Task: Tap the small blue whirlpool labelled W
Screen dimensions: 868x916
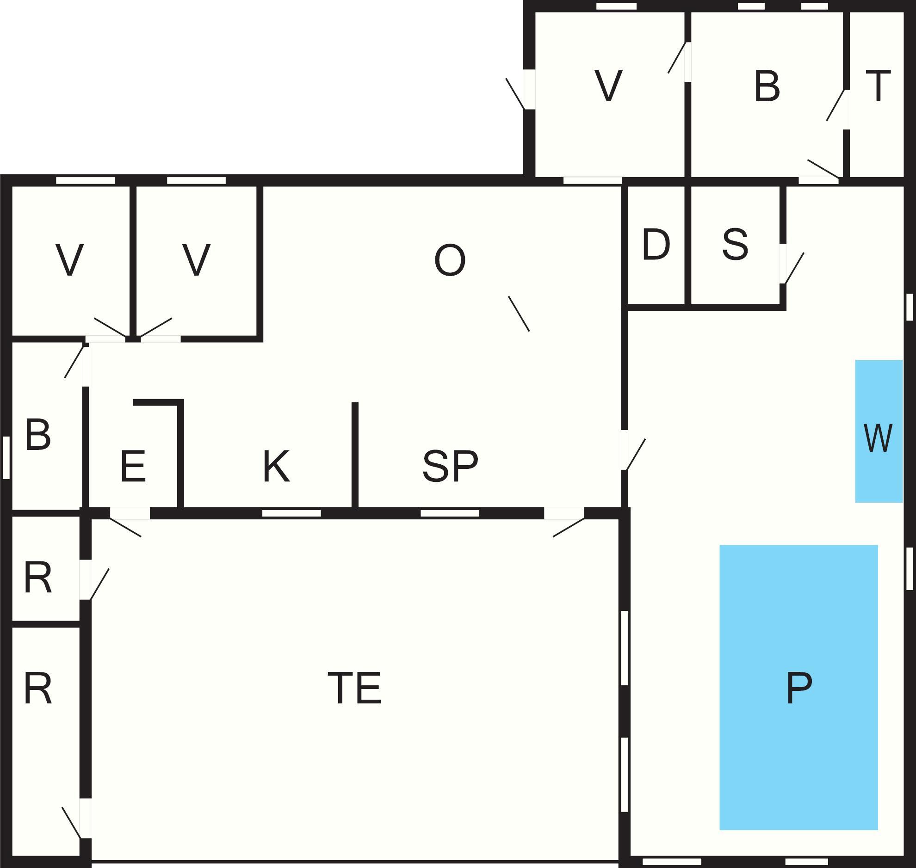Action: (x=878, y=431)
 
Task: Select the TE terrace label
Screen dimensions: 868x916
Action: (x=354, y=688)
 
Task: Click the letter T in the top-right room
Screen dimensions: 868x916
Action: (x=878, y=86)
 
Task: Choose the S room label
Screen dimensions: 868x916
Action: (x=735, y=244)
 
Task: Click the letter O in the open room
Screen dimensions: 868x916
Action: (x=449, y=260)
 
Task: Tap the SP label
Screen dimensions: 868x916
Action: (x=450, y=466)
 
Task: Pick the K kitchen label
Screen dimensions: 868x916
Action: (x=276, y=466)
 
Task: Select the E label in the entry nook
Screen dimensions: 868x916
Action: (x=133, y=467)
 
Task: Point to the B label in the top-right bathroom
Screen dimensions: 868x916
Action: (x=767, y=86)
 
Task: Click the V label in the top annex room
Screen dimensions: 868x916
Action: (x=608, y=86)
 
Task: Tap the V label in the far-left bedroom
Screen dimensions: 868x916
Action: (x=69, y=260)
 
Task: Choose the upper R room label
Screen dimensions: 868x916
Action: (x=38, y=577)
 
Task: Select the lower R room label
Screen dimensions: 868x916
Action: (x=38, y=689)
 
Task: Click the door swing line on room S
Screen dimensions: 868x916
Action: (x=795, y=268)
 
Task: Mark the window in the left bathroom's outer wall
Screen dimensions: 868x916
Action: (x=6, y=457)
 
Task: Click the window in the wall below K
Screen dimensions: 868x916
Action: (x=291, y=513)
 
